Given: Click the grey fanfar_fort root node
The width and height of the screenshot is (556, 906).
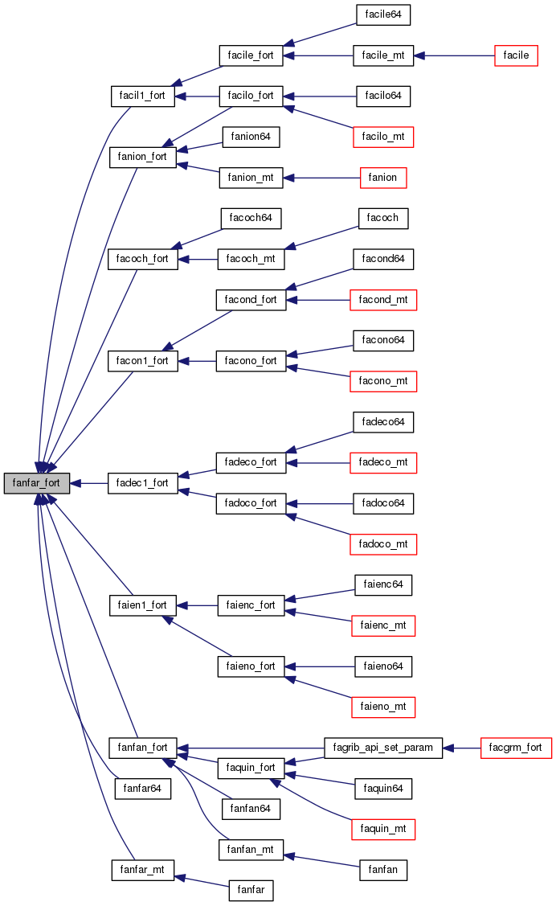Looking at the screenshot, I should pyautogui.click(x=36, y=483).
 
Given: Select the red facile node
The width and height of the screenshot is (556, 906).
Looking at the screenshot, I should pyautogui.click(x=515, y=55).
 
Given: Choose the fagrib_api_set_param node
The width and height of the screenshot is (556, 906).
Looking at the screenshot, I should pyautogui.click(x=382, y=748).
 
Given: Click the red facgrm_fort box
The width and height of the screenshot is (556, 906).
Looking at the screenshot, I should pyautogui.click(x=516, y=748).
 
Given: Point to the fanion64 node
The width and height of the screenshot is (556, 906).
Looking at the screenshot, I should pyautogui.click(x=251, y=137).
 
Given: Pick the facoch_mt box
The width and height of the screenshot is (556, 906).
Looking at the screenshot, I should pyautogui.click(x=251, y=259).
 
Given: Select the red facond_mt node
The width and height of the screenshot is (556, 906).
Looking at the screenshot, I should pyautogui.click(x=384, y=300).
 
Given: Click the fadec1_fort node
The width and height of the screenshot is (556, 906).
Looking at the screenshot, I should pyautogui.click(x=142, y=483).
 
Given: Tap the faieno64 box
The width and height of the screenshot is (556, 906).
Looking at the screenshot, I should pyautogui.click(x=383, y=666).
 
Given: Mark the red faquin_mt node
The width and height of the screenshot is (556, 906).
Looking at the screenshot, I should pyautogui.click(x=382, y=829).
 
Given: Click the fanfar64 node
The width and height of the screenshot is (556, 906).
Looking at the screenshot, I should pyautogui.click(x=143, y=789).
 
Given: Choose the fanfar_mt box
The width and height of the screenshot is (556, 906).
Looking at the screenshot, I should pyautogui.click(x=142, y=870).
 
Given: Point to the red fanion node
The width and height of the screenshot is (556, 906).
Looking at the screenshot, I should pyautogui.click(x=382, y=178).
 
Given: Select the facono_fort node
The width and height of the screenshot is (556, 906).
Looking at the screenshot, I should pyautogui.click(x=251, y=361).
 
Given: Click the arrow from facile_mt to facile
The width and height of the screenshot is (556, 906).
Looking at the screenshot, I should pyautogui.click(x=459, y=55).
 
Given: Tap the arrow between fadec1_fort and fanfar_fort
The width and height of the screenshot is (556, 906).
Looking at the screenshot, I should pyautogui.click(x=88, y=483).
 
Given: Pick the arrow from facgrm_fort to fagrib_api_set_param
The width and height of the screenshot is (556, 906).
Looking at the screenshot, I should pyautogui.click(x=461, y=748).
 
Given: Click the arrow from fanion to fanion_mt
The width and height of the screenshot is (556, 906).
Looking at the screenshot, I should pyautogui.click(x=321, y=178).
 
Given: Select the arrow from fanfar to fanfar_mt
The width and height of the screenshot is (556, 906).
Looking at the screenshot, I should pyautogui.click(x=202, y=880).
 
